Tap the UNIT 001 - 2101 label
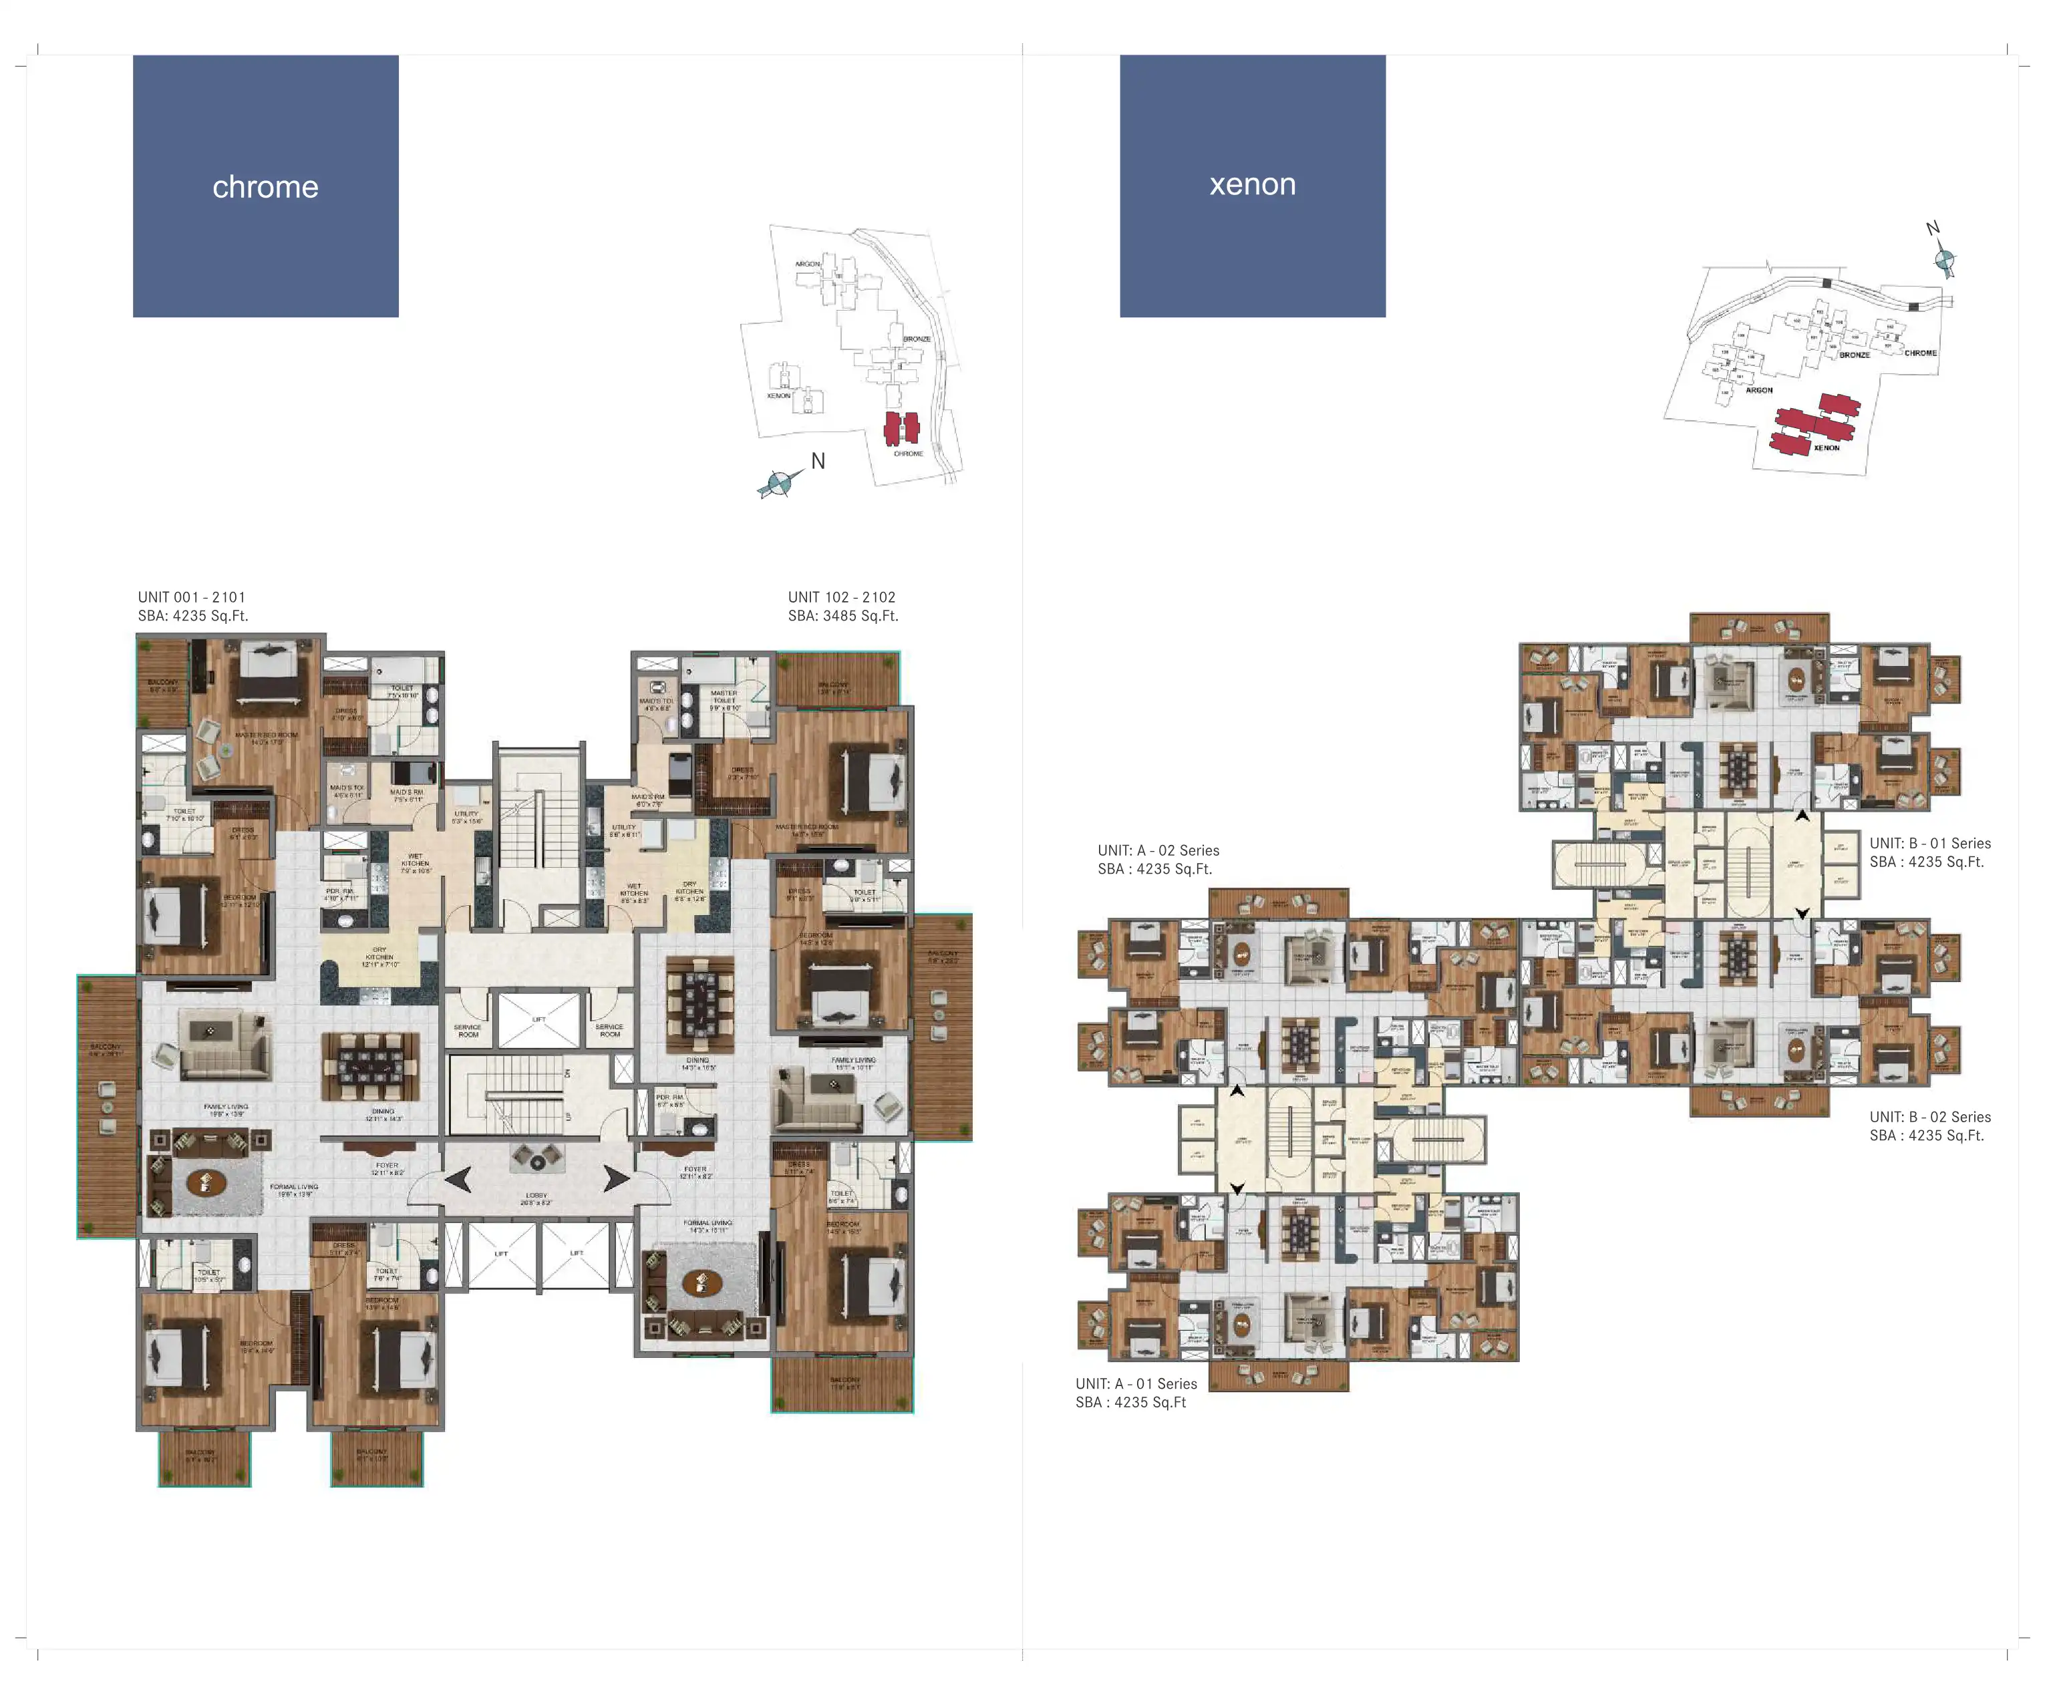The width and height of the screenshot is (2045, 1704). [192, 597]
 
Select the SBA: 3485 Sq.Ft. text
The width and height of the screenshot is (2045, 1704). [843, 615]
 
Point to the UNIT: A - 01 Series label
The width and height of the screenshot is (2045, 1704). [1136, 1383]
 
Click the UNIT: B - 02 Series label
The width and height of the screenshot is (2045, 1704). [1930, 1117]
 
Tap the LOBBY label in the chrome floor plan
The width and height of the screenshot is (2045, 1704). [536, 1196]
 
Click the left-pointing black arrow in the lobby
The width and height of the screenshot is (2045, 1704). [459, 1179]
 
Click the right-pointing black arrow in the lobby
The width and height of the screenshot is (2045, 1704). [615, 1178]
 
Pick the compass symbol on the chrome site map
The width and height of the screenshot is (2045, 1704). [779, 483]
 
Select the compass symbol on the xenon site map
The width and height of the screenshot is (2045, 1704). [1943, 260]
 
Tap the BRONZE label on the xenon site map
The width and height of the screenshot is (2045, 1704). [1854, 355]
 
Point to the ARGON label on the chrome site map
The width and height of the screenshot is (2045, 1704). [807, 264]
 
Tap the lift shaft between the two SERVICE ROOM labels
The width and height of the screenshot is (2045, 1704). [538, 1019]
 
